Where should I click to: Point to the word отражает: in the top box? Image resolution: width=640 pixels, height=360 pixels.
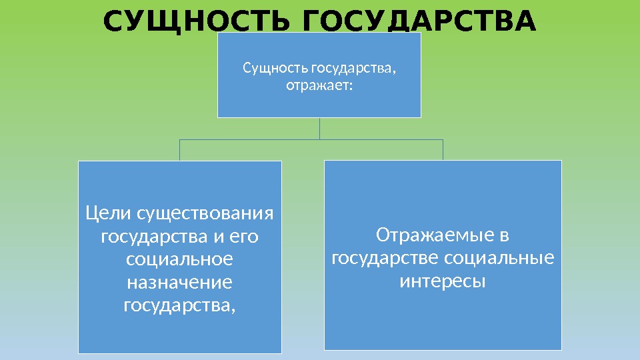319,85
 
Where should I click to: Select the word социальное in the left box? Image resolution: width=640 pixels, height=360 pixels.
179,259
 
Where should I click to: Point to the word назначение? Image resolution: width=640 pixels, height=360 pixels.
179,283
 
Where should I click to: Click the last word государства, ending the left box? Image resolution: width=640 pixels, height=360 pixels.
179,305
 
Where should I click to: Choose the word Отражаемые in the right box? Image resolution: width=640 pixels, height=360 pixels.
433,235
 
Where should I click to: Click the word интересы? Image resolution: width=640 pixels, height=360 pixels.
443,281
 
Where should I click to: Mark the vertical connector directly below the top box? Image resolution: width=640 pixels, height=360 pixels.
319,129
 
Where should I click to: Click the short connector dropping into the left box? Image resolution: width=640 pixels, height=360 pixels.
180,150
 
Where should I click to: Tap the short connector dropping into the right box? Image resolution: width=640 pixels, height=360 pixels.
443,150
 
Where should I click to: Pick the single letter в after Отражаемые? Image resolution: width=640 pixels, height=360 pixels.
504,235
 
